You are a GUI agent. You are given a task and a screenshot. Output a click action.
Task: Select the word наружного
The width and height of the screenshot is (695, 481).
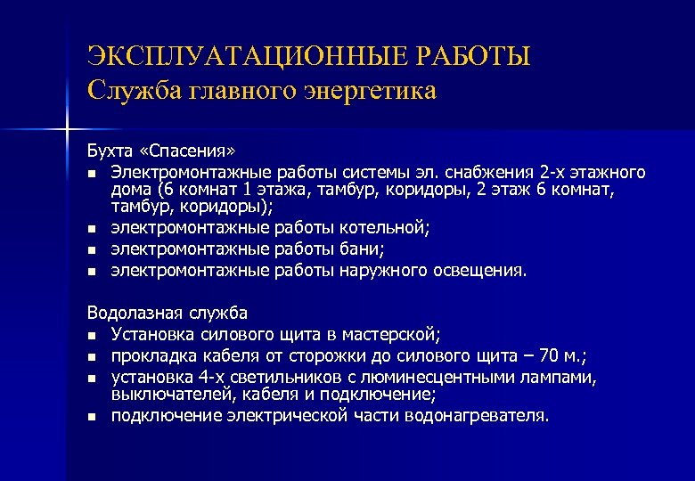click(385, 271)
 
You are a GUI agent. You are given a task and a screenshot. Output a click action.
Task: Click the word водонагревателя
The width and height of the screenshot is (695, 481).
click(479, 415)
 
